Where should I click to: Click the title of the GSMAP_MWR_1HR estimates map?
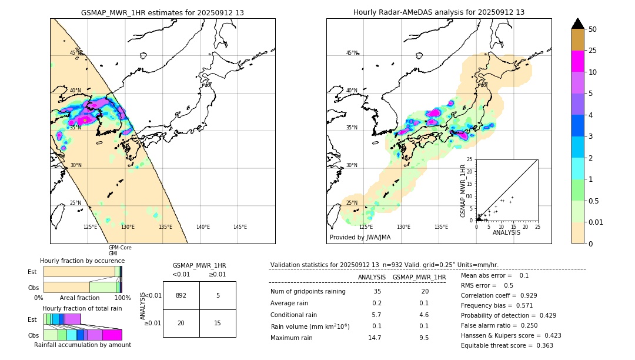click(162, 12)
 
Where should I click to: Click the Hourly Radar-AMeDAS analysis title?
click(439, 12)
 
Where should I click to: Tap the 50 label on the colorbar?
click(593, 29)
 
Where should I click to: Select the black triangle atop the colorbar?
click(578, 24)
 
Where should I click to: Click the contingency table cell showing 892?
click(181, 295)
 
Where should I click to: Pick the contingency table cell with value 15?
click(218, 323)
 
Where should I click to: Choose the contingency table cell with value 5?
click(218, 295)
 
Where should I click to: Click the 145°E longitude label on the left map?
click(240, 227)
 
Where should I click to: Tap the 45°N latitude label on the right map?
click(352, 53)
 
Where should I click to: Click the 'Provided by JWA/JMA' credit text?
click(360, 238)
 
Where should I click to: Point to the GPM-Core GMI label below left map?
click(120, 251)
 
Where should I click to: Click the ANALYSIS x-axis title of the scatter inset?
click(506, 233)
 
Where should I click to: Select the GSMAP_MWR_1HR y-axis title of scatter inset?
click(463, 191)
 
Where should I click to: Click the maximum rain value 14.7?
click(376, 338)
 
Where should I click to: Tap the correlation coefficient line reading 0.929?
click(498, 295)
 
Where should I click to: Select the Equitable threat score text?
click(507, 345)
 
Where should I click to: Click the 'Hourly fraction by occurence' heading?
click(82, 261)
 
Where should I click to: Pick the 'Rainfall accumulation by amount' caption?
click(82, 345)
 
